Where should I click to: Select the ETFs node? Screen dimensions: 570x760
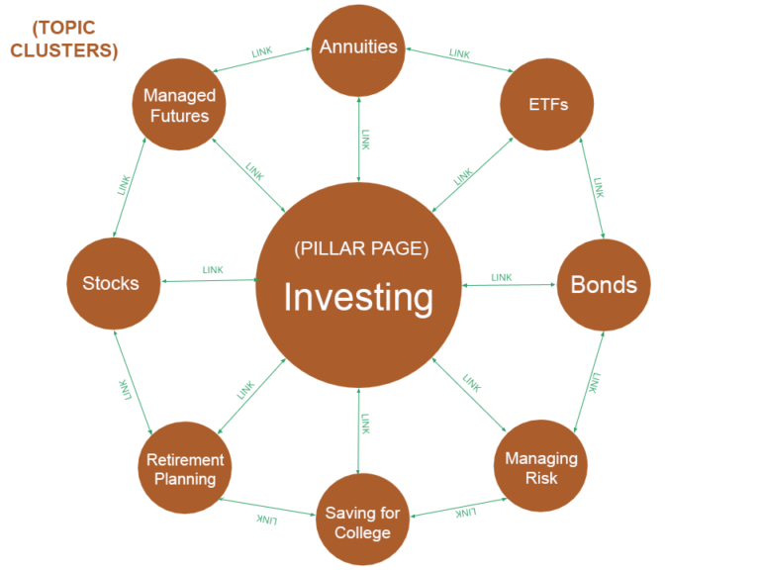(547, 103)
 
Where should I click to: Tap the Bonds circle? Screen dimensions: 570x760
(604, 285)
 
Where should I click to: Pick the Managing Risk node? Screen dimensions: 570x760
(541, 467)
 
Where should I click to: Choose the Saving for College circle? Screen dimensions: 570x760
(363, 522)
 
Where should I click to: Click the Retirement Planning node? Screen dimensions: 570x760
(185, 469)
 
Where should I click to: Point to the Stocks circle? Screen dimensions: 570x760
(111, 284)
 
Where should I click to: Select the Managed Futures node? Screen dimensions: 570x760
(179, 105)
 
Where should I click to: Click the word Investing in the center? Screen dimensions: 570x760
(358, 297)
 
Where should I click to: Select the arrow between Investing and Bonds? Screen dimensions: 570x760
(509, 285)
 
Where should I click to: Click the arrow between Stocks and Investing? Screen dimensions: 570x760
(208, 281)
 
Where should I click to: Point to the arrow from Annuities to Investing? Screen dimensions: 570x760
(358, 139)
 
